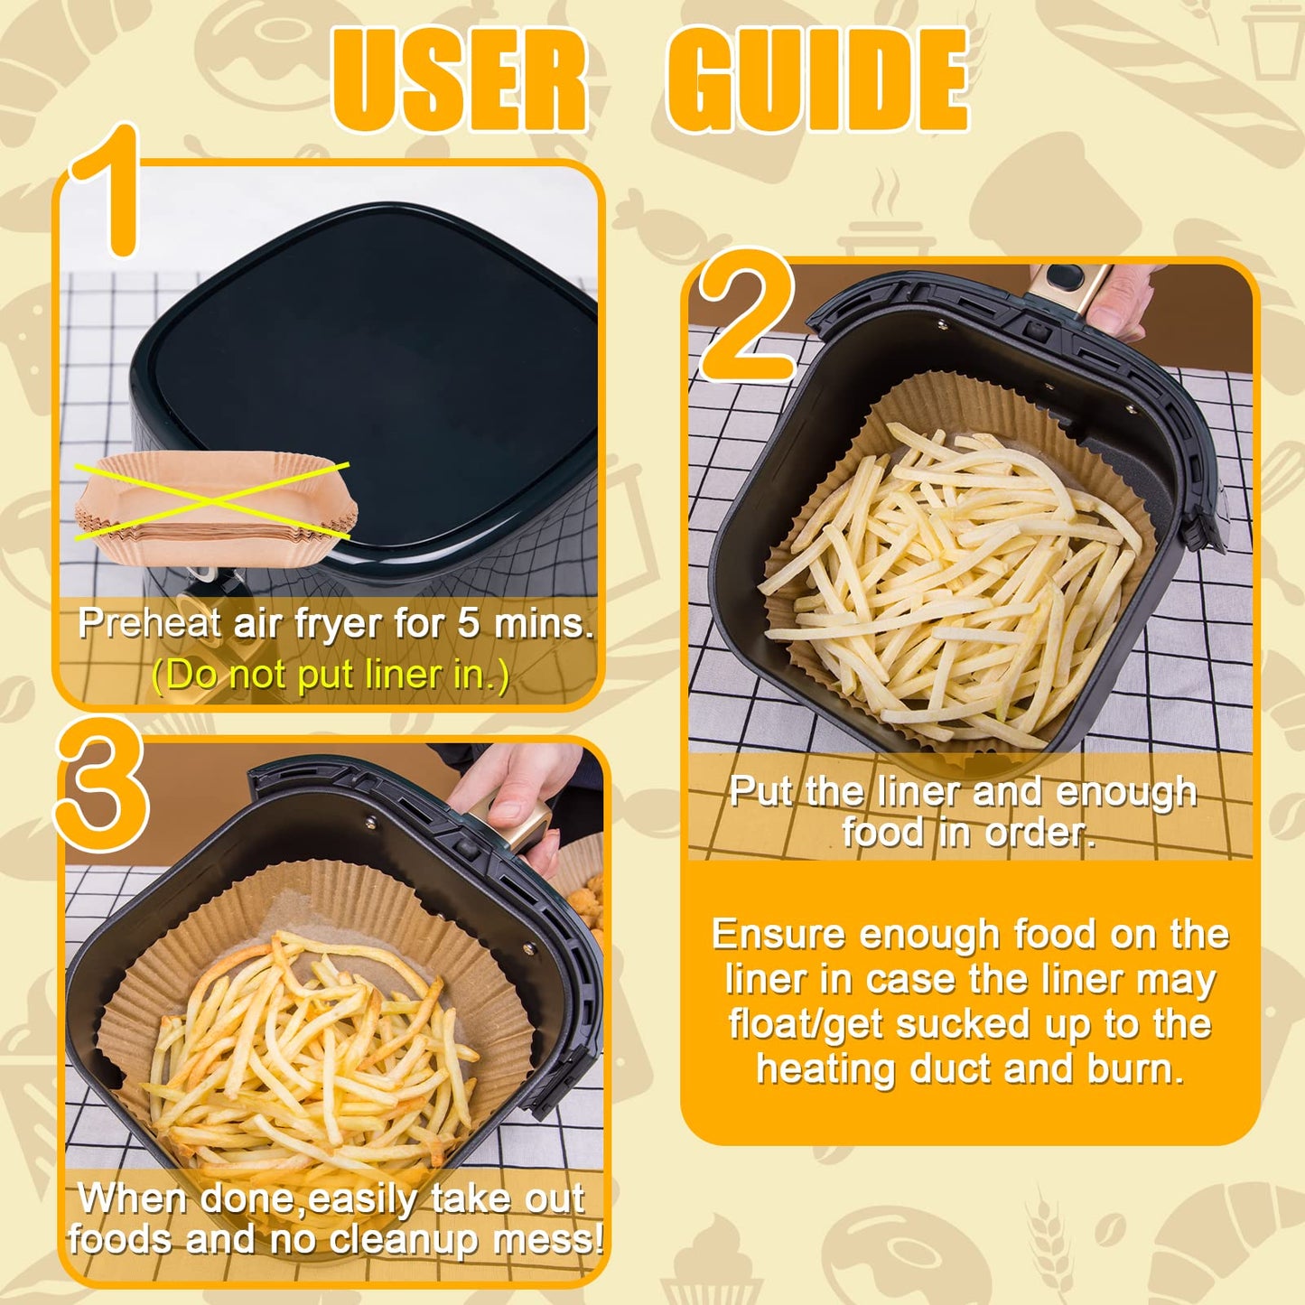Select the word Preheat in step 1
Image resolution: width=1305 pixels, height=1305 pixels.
tap(149, 623)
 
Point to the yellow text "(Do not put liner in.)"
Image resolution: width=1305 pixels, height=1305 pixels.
tap(331, 675)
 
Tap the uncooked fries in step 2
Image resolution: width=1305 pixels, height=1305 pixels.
tap(948, 578)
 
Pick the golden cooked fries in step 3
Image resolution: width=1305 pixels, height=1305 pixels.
tap(307, 1057)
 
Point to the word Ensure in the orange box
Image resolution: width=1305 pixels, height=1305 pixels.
tap(779, 934)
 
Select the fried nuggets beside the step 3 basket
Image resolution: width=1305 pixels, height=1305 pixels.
tap(589, 903)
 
